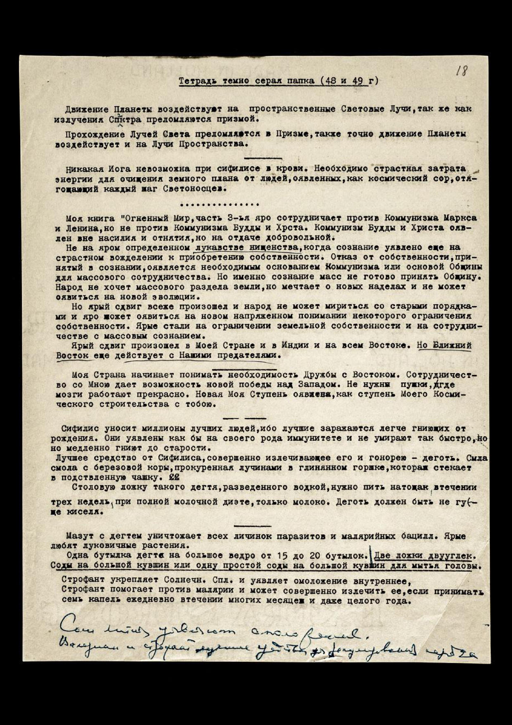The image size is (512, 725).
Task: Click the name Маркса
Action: point(460,218)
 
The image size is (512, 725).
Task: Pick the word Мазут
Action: point(81,536)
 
